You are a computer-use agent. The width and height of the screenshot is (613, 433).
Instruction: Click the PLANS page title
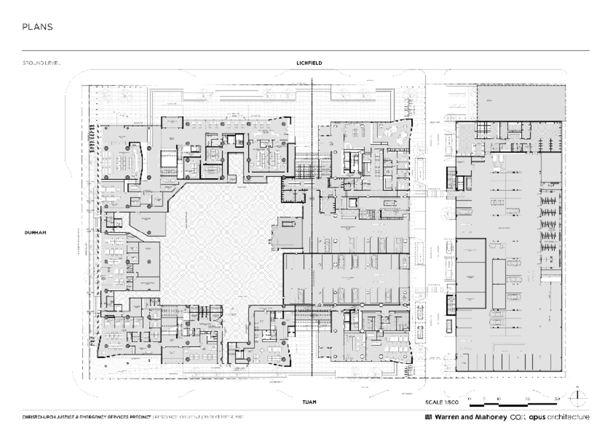point(37,28)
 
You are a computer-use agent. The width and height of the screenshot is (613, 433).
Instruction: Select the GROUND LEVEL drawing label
point(41,63)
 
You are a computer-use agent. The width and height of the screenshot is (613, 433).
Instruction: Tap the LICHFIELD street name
point(309,63)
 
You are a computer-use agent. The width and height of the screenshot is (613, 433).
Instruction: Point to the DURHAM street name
point(35,232)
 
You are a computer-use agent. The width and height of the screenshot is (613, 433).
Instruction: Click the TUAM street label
point(309,402)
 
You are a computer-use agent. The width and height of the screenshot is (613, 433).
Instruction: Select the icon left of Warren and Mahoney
point(429,417)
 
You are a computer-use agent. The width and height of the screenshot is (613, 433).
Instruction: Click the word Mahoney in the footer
point(491,417)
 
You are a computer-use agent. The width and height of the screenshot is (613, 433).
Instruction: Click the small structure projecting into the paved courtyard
point(289,231)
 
